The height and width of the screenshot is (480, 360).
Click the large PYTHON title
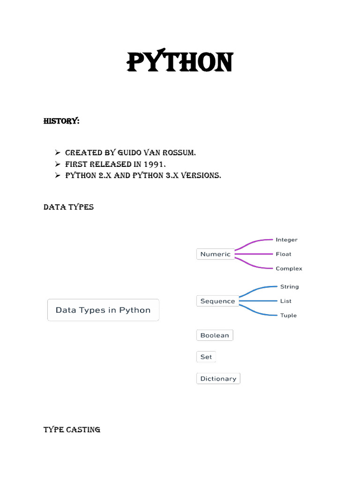tap(180, 62)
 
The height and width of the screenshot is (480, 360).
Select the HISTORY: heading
tap(61, 121)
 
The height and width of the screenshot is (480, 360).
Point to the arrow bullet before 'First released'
tap(58, 164)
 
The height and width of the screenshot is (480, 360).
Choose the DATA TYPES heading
tap(68, 207)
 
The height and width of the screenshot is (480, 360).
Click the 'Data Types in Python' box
tap(103, 310)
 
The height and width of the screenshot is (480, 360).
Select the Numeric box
tap(215, 254)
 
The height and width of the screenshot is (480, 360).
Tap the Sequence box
tap(217, 301)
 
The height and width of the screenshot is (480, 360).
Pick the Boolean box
tap(215, 335)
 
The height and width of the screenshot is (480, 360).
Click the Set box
tap(206, 357)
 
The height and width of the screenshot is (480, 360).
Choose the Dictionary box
tap(218, 378)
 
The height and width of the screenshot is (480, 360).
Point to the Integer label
tap(286, 240)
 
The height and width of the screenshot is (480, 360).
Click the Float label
tap(283, 254)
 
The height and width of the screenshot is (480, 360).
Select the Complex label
tap(289, 269)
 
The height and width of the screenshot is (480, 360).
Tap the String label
tap(289, 286)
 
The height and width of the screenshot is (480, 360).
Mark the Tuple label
tap(288, 315)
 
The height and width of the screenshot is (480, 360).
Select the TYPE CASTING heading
tap(72, 429)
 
